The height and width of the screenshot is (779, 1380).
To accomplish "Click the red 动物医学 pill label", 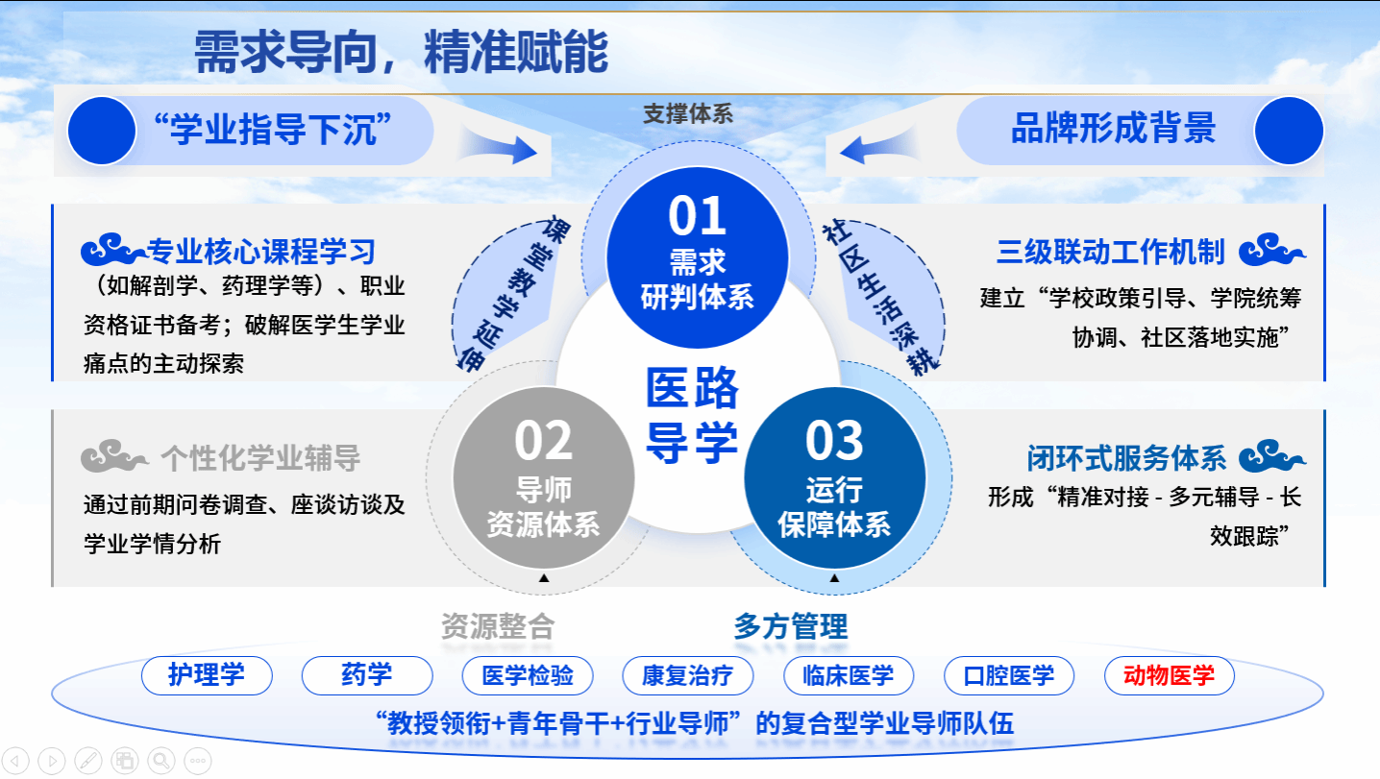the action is tap(1170, 675).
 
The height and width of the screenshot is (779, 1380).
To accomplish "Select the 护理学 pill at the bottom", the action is tap(207, 675).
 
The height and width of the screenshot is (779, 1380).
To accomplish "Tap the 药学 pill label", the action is tap(367, 675).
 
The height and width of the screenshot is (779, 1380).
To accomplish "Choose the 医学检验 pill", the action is tap(528, 675).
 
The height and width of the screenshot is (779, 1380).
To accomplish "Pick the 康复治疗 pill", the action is tap(688, 675).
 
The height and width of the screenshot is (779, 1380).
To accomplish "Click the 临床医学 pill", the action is tap(849, 675).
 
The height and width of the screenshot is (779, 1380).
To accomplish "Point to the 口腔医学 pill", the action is tap(1009, 675).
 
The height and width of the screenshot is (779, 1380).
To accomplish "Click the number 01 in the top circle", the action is tap(698, 216).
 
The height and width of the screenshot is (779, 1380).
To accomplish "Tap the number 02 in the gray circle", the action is tap(543, 440).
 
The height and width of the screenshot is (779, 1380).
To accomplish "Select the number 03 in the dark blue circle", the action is tap(834, 440).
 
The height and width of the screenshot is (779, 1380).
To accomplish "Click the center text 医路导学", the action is tap(692, 415).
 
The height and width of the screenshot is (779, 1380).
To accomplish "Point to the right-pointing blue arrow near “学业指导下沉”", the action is tap(499, 147).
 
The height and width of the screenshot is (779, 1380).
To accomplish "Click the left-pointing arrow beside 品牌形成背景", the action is tap(878, 146).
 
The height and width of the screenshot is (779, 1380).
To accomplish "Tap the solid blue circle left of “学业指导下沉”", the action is tap(102, 131).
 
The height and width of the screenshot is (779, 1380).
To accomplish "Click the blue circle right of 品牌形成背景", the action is tap(1289, 131).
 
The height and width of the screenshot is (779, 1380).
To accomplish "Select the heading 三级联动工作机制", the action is tap(1110, 252).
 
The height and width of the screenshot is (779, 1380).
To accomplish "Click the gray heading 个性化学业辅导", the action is tap(260, 458).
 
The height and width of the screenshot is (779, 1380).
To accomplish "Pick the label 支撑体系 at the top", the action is tap(688, 114).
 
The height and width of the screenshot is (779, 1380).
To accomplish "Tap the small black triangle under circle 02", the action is tap(544, 577).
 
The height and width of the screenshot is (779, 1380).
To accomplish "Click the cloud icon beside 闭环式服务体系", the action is tap(1272, 455).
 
